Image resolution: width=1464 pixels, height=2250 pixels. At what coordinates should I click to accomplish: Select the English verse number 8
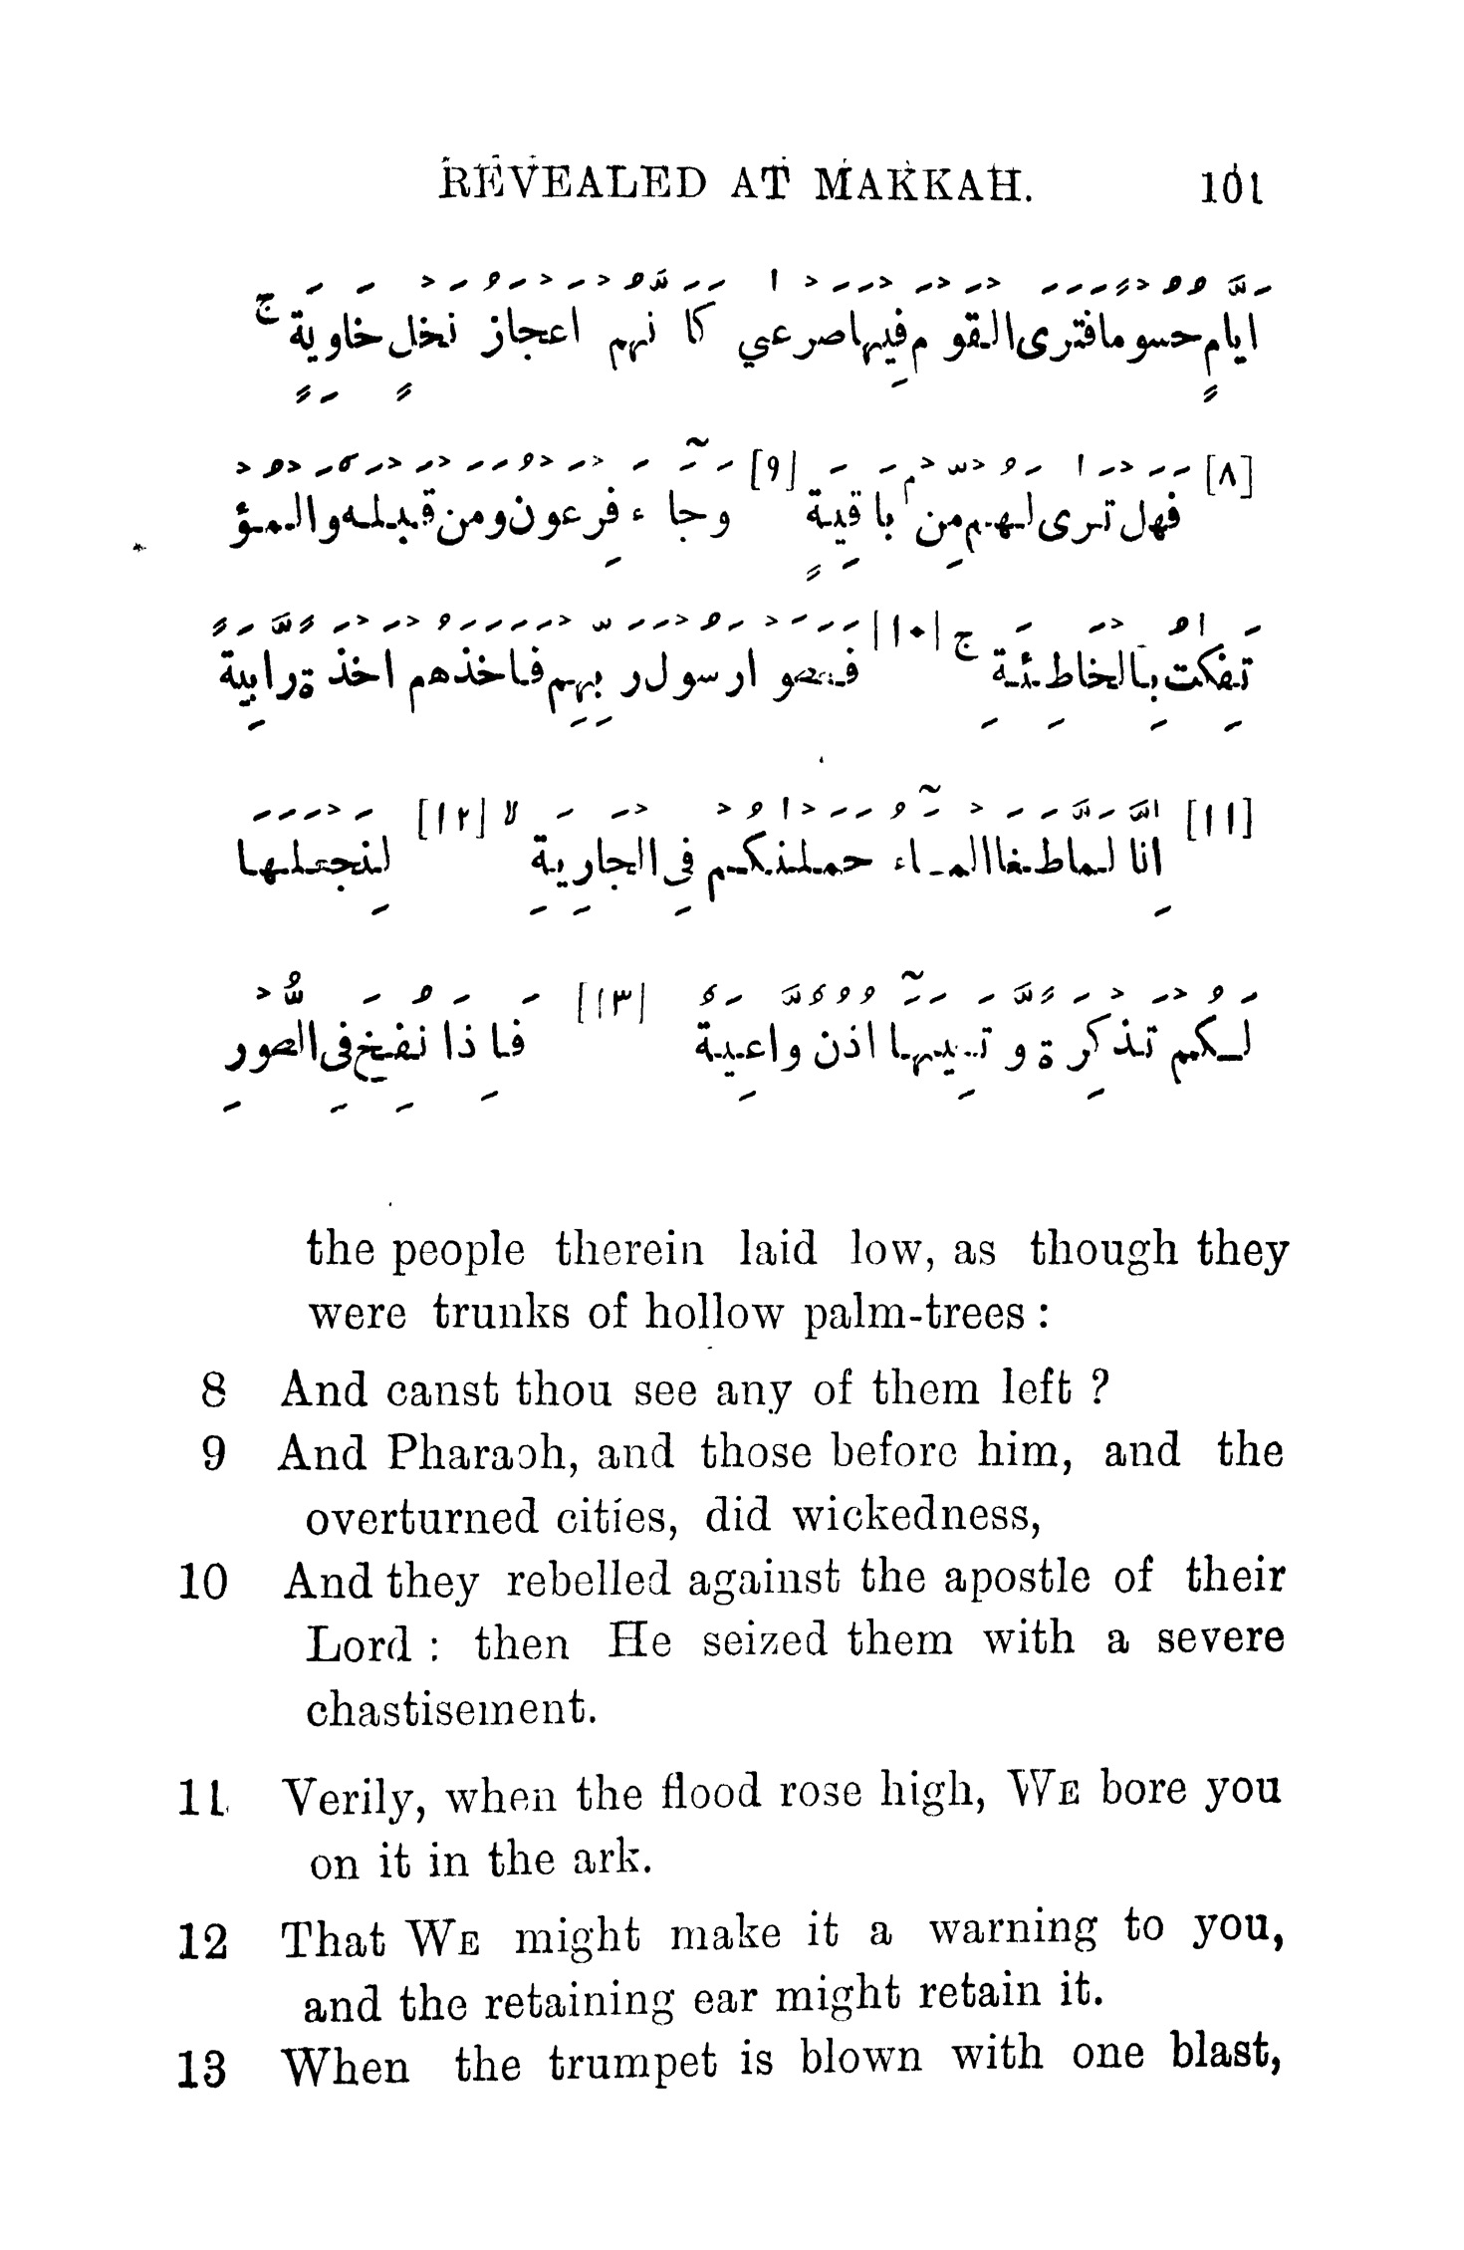[x=211, y=1389]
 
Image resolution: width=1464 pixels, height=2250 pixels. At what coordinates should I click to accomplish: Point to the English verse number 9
[x=211, y=1455]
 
